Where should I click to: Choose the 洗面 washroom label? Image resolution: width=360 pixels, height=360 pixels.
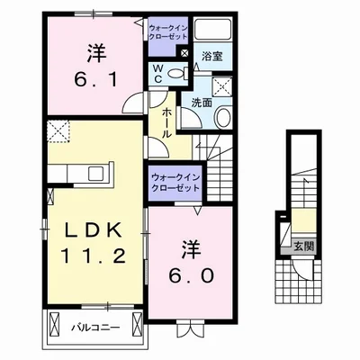200,103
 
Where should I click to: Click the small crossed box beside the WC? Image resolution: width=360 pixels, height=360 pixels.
184,54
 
